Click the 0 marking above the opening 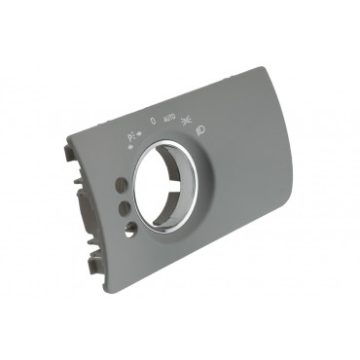point(153,122)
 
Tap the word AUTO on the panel point(170,119)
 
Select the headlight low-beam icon point(200,128)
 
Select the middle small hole point(124,206)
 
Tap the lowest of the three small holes point(130,230)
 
